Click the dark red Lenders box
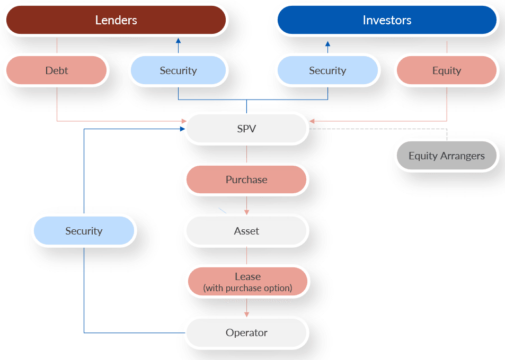coord(116,20)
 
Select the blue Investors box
coord(387,20)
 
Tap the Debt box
coord(57,70)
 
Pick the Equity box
coord(446,70)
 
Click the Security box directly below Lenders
coord(178,70)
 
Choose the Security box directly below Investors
coord(327,70)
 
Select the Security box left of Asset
coord(84,231)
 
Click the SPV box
coord(246,129)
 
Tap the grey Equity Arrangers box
coord(446,156)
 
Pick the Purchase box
coord(246,179)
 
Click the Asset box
coord(246,231)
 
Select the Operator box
coord(246,332)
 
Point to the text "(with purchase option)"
coord(247,288)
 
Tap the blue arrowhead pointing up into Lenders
coord(178,41)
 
